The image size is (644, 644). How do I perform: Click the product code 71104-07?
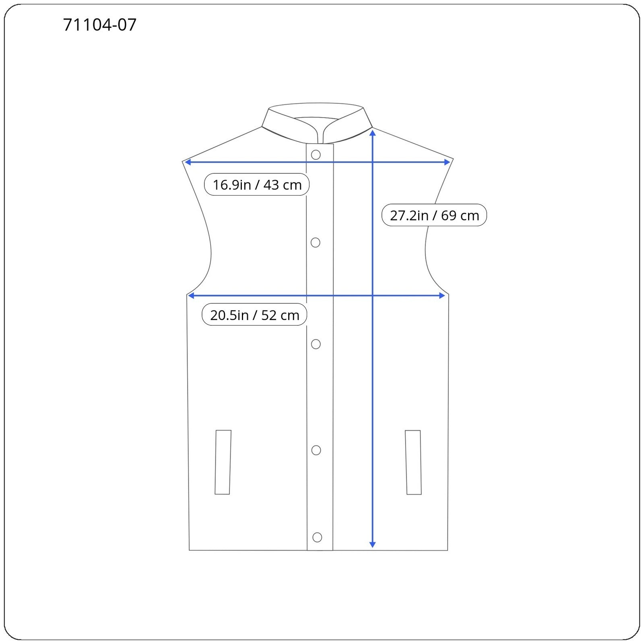(x=100, y=25)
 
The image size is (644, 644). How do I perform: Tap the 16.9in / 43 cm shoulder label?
(x=257, y=185)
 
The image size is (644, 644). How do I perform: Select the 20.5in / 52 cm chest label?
(x=254, y=315)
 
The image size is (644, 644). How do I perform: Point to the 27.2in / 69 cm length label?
(x=434, y=215)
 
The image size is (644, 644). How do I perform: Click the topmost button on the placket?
(x=316, y=155)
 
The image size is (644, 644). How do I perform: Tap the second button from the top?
(x=316, y=242)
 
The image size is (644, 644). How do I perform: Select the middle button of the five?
(x=316, y=344)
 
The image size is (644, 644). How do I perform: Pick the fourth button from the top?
(x=316, y=450)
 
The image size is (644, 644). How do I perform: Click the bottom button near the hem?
(x=317, y=537)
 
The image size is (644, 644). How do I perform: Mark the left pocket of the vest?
(x=223, y=462)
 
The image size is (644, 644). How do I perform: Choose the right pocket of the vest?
(x=413, y=462)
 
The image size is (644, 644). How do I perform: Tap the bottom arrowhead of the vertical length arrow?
(x=372, y=545)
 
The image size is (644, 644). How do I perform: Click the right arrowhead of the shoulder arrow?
(x=447, y=162)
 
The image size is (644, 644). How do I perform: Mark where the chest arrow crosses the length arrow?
(x=373, y=296)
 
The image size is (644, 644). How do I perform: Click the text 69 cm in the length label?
(x=460, y=215)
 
